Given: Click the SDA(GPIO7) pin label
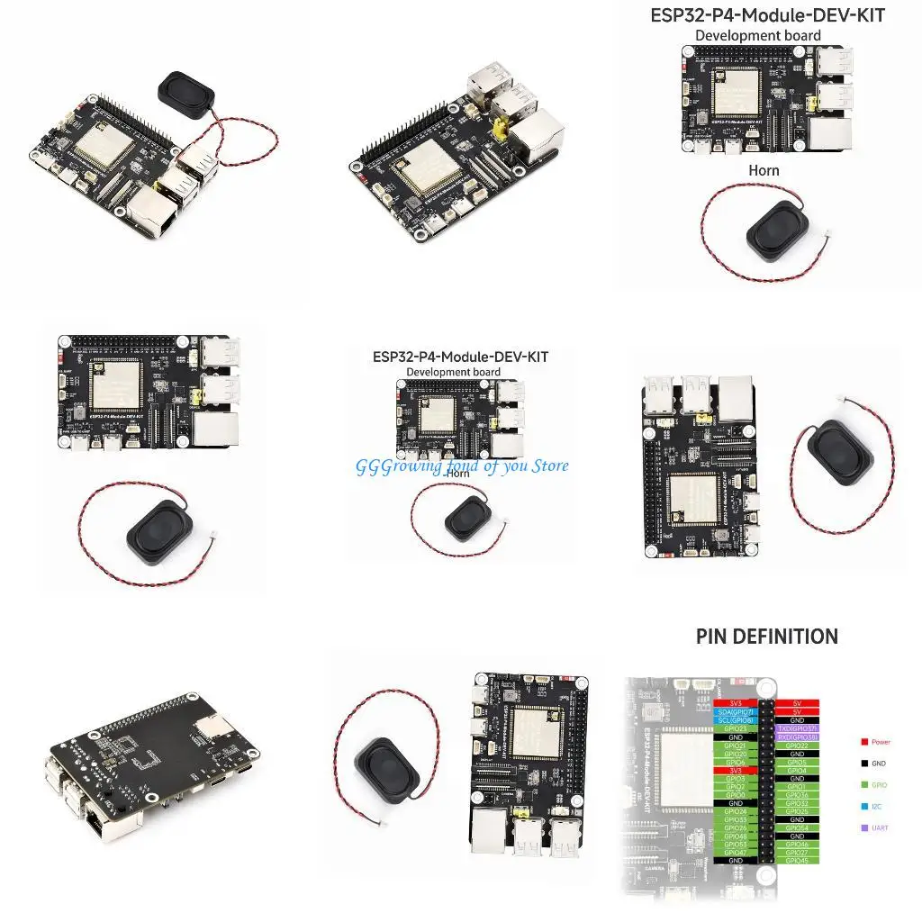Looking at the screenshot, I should (736, 712).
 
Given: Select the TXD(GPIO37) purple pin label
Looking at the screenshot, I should (797, 728).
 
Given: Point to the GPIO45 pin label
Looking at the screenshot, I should (797, 861).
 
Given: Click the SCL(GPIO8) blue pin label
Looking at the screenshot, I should (736, 720).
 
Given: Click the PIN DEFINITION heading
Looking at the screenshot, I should (766, 637).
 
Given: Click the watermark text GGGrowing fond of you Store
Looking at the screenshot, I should (462, 466).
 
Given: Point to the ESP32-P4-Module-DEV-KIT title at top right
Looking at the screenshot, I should (767, 15).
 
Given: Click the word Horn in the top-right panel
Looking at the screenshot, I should (764, 170).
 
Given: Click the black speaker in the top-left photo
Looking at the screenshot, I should (185, 90).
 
